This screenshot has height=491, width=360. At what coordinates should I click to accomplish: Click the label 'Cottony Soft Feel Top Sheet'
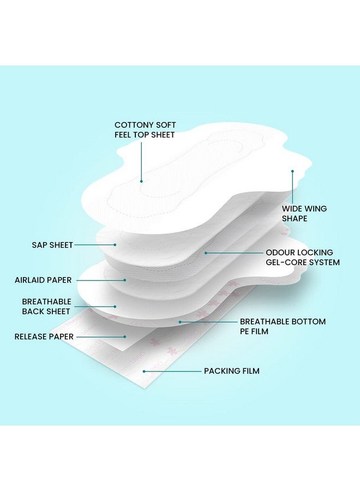point(145,129)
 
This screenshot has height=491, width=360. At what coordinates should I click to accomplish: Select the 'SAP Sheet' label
point(52,245)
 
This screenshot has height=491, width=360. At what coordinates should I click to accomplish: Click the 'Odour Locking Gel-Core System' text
point(302,258)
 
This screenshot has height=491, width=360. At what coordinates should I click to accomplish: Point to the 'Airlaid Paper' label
point(43,280)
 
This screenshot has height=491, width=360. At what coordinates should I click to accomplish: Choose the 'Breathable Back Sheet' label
point(46,306)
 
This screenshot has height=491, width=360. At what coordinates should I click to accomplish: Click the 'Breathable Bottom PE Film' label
point(283,326)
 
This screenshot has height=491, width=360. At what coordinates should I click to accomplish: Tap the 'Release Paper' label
point(43,337)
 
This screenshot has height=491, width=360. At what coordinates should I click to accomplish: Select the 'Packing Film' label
point(232,371)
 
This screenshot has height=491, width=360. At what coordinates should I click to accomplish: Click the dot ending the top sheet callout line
point(141,181)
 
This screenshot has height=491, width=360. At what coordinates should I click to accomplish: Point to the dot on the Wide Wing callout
point(292,171)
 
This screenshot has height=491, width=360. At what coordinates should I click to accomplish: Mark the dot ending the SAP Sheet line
point(115,245)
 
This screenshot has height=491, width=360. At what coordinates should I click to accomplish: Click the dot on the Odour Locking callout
point(206,253)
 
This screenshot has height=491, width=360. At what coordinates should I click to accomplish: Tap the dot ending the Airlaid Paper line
point(125,280)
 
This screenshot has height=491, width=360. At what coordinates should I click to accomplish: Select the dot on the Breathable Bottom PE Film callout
point(181,322)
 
